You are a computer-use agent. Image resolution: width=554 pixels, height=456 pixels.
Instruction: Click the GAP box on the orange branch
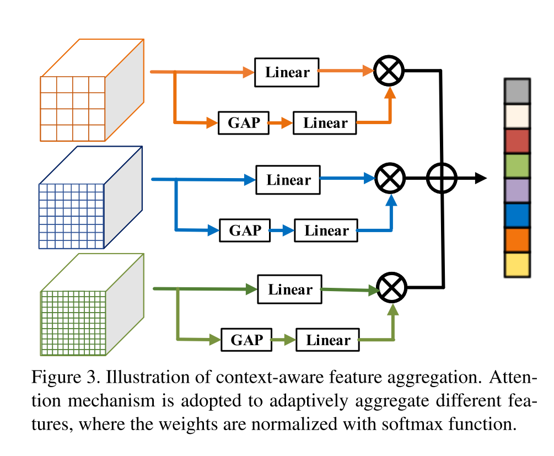click(x=244, y=122)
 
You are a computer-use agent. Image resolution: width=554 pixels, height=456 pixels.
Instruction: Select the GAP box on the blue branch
click(x=245, y=230)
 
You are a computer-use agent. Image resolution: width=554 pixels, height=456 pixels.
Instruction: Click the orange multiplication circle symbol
click(x=389, y=71)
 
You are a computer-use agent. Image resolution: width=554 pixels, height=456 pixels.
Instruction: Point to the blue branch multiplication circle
click(x=390, y=178)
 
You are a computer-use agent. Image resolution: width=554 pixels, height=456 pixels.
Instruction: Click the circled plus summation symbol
click(x=442, y=178)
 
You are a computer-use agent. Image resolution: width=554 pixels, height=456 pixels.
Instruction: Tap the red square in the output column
click(x=517, y=141)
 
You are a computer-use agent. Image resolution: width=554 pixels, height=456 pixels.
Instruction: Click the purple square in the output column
click(x=517, y=191)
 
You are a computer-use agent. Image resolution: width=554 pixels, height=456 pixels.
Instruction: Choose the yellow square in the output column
click(x=517, y=265)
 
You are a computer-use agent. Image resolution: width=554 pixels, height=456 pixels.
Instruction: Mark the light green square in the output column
click(x=517, y=166)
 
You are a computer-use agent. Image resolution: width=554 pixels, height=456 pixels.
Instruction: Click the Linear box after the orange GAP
click(x=325, y=122)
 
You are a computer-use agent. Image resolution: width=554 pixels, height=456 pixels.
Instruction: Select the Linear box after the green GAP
click(x=328, y=340)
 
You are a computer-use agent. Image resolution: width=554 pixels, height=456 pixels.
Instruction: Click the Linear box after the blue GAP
click(x=327, y=230)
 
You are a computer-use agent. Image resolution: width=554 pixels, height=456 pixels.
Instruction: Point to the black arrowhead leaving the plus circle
click(x=481, y=178)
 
